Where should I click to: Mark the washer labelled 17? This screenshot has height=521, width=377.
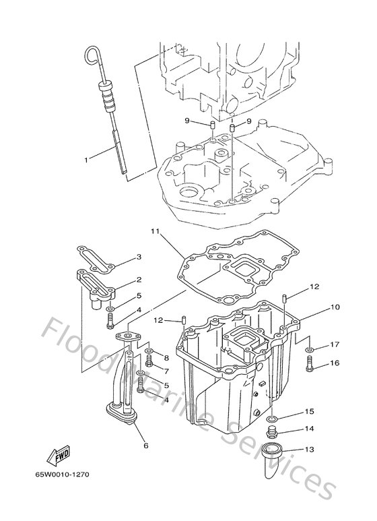pyautogui.click(x=308, y=350)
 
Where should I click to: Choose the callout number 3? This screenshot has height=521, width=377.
pyautogui.click(x=139, y=257)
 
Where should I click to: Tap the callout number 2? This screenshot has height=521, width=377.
pyautogui.click(x=139, y=279)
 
